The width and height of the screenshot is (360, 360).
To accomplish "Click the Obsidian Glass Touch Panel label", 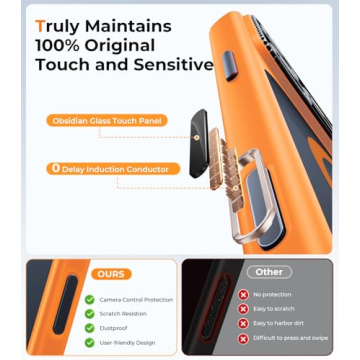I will [x=105, y=121].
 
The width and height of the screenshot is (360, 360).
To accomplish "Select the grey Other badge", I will [x=270, y=271].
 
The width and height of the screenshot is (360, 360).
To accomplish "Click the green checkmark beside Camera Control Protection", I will [x=91, y=299].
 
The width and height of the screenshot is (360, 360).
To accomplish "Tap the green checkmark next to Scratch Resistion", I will [x=91, y=313].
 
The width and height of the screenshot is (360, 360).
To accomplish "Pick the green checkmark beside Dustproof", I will [x=91, y=327].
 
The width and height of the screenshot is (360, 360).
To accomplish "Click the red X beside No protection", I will [x=243, y=295].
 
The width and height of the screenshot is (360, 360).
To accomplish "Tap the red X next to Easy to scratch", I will [x=243, y=309].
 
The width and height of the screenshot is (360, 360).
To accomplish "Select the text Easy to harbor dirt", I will [x=275, y=323].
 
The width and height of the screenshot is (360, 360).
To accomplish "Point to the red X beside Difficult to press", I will [x=243, y=338].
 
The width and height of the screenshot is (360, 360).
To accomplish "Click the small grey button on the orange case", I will [x=233, y=65].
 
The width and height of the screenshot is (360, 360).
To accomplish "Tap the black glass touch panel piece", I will [x=197, y=130].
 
